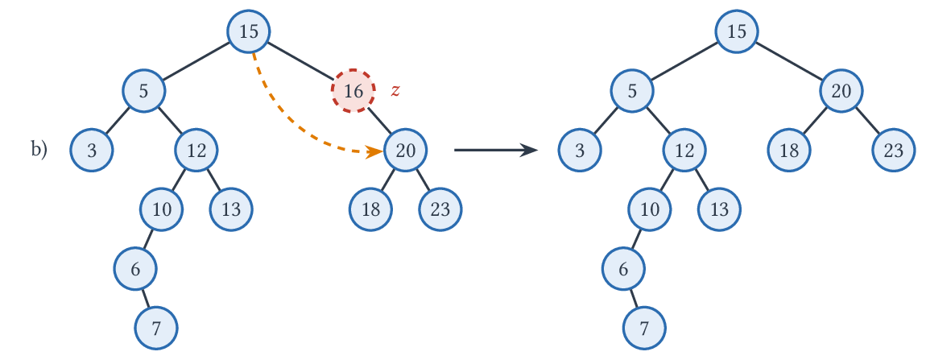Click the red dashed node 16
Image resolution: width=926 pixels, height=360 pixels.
pos(353,91)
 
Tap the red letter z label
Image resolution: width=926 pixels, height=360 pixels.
pos(395,90)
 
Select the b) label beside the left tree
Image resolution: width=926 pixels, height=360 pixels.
pos(39,150)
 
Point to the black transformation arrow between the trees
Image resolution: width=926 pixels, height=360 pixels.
pos(495,151)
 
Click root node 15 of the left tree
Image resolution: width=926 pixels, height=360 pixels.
pos(250,31)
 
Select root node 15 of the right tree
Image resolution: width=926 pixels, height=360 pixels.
pos(737,31)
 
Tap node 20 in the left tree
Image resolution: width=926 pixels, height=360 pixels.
pos(406,151)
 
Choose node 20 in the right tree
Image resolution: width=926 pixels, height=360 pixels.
pos(841,91)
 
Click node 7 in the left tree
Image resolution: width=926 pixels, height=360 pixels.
pos(156,328)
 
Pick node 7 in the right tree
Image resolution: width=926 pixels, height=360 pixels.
pos(644,328)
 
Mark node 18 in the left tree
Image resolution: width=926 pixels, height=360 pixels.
pos(371,209)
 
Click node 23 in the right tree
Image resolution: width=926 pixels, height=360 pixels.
pos(894,150)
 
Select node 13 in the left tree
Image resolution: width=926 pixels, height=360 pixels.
pos(232,209)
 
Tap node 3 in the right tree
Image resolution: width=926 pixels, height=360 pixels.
pos(580,150)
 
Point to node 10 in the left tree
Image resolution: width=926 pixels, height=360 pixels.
pos(162,209)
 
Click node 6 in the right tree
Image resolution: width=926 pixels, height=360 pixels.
pos(624,269)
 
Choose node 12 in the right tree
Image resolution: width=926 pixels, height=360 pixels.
pos(684,150)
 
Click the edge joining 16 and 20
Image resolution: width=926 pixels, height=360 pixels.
pos(379,121)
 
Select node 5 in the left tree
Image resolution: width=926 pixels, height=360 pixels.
pos(144,91)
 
